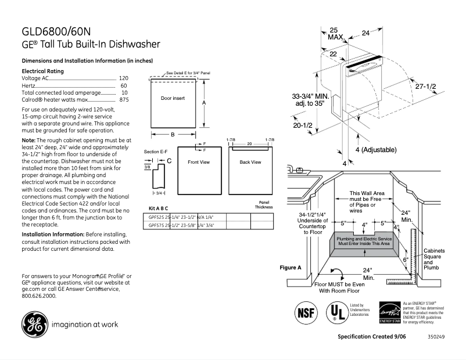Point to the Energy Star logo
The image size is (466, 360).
pos(389,312)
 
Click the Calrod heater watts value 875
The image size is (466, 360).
pos(124,100)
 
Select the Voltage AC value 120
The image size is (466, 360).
pos(123,78)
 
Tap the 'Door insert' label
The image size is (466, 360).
pos(173,98)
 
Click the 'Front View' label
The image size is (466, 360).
pos(199,162)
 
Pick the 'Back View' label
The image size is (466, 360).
pos(250,162)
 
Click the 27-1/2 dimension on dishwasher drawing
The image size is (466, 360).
pos(425,86)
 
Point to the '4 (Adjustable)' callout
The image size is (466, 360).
pos(375,150)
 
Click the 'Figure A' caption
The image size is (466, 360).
pos(291,268)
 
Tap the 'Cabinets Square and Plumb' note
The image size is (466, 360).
pos(434,259)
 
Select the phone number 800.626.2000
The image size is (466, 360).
pos(39,296)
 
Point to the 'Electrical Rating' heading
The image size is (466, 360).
pos(42,71)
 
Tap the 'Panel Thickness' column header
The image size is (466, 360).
pos(263,204)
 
